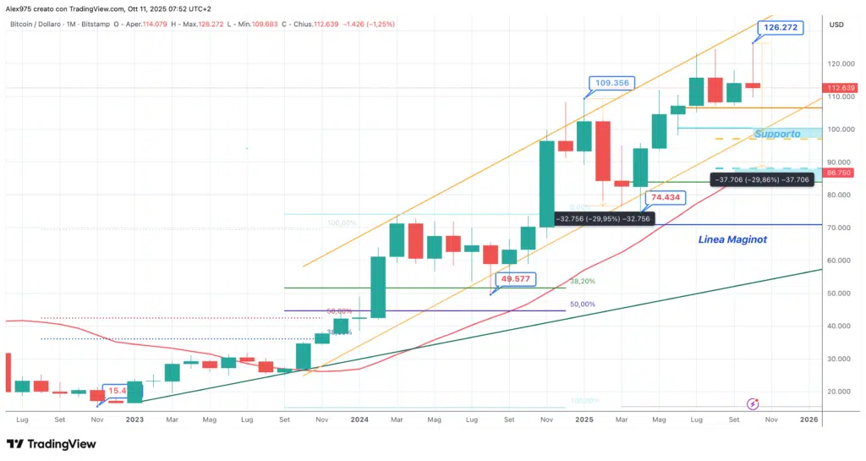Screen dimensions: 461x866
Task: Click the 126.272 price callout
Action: tap(781, 28)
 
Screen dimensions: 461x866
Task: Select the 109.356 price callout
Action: tap(609, 84)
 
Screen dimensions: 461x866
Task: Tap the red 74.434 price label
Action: tap(664, 198)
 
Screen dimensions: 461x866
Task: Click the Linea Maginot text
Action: tap(732, 239)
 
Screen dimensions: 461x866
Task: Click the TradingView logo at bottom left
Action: tap(52, 444)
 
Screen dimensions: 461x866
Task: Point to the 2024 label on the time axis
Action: tap(359, 419)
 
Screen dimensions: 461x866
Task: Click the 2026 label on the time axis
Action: tap(808, 419)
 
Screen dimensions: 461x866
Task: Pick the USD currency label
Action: tap(836, 25)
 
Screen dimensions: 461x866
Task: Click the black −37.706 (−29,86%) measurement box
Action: tap(762, 179)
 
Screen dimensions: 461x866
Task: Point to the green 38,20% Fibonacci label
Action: tap(583, 281)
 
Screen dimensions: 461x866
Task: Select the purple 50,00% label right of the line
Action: tap(583, 304)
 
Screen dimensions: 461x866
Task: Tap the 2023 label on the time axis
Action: tap(134, 419)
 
